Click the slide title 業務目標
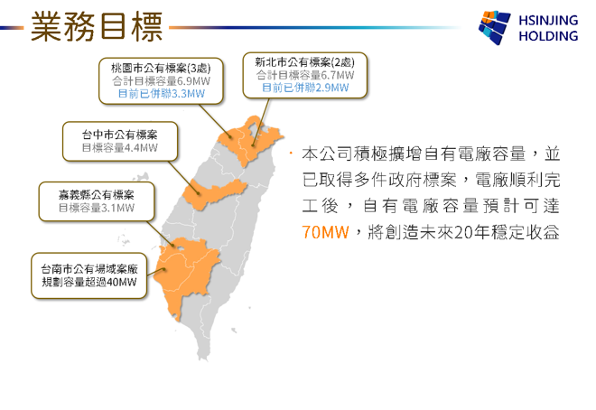[x=97, y=26]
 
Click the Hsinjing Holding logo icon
[x=494, y=27]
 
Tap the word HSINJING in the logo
[x=548, y=20]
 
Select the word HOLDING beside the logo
[x=548, y=36]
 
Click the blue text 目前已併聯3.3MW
[x=161, y=94]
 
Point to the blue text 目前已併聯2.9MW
[x=305, y=88]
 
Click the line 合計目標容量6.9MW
[x=161, y=81]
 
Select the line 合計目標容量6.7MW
[x=305, y=75]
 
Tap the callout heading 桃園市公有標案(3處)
[x=161, y=69]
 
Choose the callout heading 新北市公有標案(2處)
[x=305, y=62]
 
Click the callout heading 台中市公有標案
[x=120, y=135]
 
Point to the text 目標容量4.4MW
[x=120, y=148]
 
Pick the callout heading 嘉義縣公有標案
[x=97, y=195]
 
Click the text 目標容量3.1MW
[x=97, y=208]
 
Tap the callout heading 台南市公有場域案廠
[x=89, y=269]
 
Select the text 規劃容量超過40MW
[x=89, y=283]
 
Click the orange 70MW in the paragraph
[x=325, y=232]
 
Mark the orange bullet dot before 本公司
[x=291, y=154]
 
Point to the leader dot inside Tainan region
[x=164, y=269]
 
